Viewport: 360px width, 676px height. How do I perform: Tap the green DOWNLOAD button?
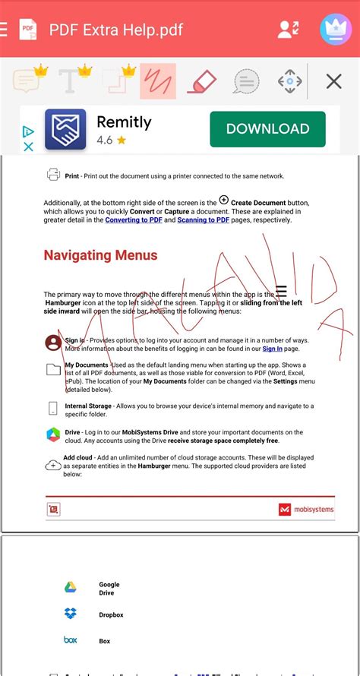[x=267, y=129]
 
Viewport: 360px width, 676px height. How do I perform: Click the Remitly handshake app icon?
[x=65, y=129]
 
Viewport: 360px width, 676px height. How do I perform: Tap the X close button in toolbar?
[x=333, y=81]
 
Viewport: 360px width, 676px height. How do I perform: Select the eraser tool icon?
[x=201, y=81]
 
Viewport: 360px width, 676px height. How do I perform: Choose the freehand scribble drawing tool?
[x=158, y=81]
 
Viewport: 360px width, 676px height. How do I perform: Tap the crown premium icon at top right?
[x=335, y=30]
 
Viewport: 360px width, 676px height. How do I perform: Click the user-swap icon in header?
[x=289, y=30]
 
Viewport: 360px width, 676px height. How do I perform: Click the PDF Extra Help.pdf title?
[x=115, y=30]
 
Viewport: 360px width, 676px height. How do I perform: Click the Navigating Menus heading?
[x=100, y=255]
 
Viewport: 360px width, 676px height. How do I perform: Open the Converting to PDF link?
[x=133, y=220]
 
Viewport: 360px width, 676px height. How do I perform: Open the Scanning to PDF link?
[x=204, y=220]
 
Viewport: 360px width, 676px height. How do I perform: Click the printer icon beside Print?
[x=54, y=175]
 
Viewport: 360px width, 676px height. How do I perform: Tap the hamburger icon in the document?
[x=281, y=292]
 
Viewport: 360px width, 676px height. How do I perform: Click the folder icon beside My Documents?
[x=53, y=370]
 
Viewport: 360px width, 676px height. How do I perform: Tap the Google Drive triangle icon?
[x=70, y=587]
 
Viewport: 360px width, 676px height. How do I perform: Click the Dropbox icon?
[x=70, y=614]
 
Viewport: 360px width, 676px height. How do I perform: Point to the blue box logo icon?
[x=70, y=640]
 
